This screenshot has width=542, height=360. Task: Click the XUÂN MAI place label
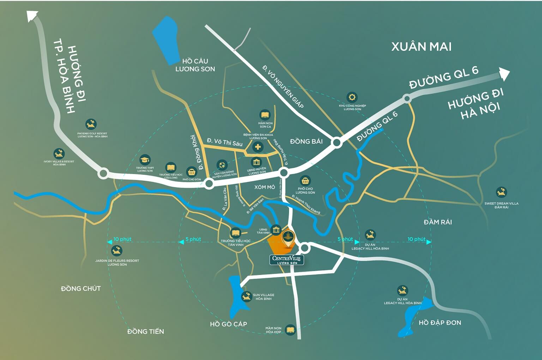pyautogui.click(x=421, y=47)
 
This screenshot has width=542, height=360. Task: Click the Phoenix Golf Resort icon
pyautogui.click(x=91, y=124)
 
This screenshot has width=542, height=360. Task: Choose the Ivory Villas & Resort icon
pyautogui.click(x=59, y=153)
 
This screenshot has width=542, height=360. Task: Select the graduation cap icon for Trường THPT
pyautogui.click(x=145, y=160)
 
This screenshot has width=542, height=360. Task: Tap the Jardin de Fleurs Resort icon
pyautogui.click(x=116, y=251)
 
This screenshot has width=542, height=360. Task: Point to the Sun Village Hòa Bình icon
pyautogui.click(x=247, y=296)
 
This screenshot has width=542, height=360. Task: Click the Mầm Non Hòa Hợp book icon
pyautogui.click(x=290, y=330)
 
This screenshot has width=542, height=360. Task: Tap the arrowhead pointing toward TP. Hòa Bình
pyautogui.click(x=32, y=16)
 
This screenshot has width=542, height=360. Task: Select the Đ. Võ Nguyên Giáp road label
pyautogui.click(x=283, y=86)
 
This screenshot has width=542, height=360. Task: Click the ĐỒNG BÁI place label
pyautogui.click(x=306, y=142)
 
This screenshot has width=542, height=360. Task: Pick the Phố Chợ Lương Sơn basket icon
pyautogui.click(x=305, y=181)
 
